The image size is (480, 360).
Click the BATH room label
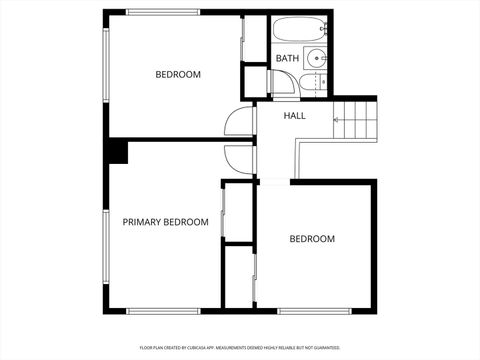point(287,58)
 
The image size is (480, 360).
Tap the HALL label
point(294,116)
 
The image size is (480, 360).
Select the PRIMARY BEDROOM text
point(165,222)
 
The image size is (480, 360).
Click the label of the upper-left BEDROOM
point(178,74)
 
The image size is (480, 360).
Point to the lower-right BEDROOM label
point(312,239)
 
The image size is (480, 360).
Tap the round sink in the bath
point(315,57)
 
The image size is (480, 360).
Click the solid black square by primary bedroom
point(118,151)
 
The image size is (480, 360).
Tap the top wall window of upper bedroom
point(162,12)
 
